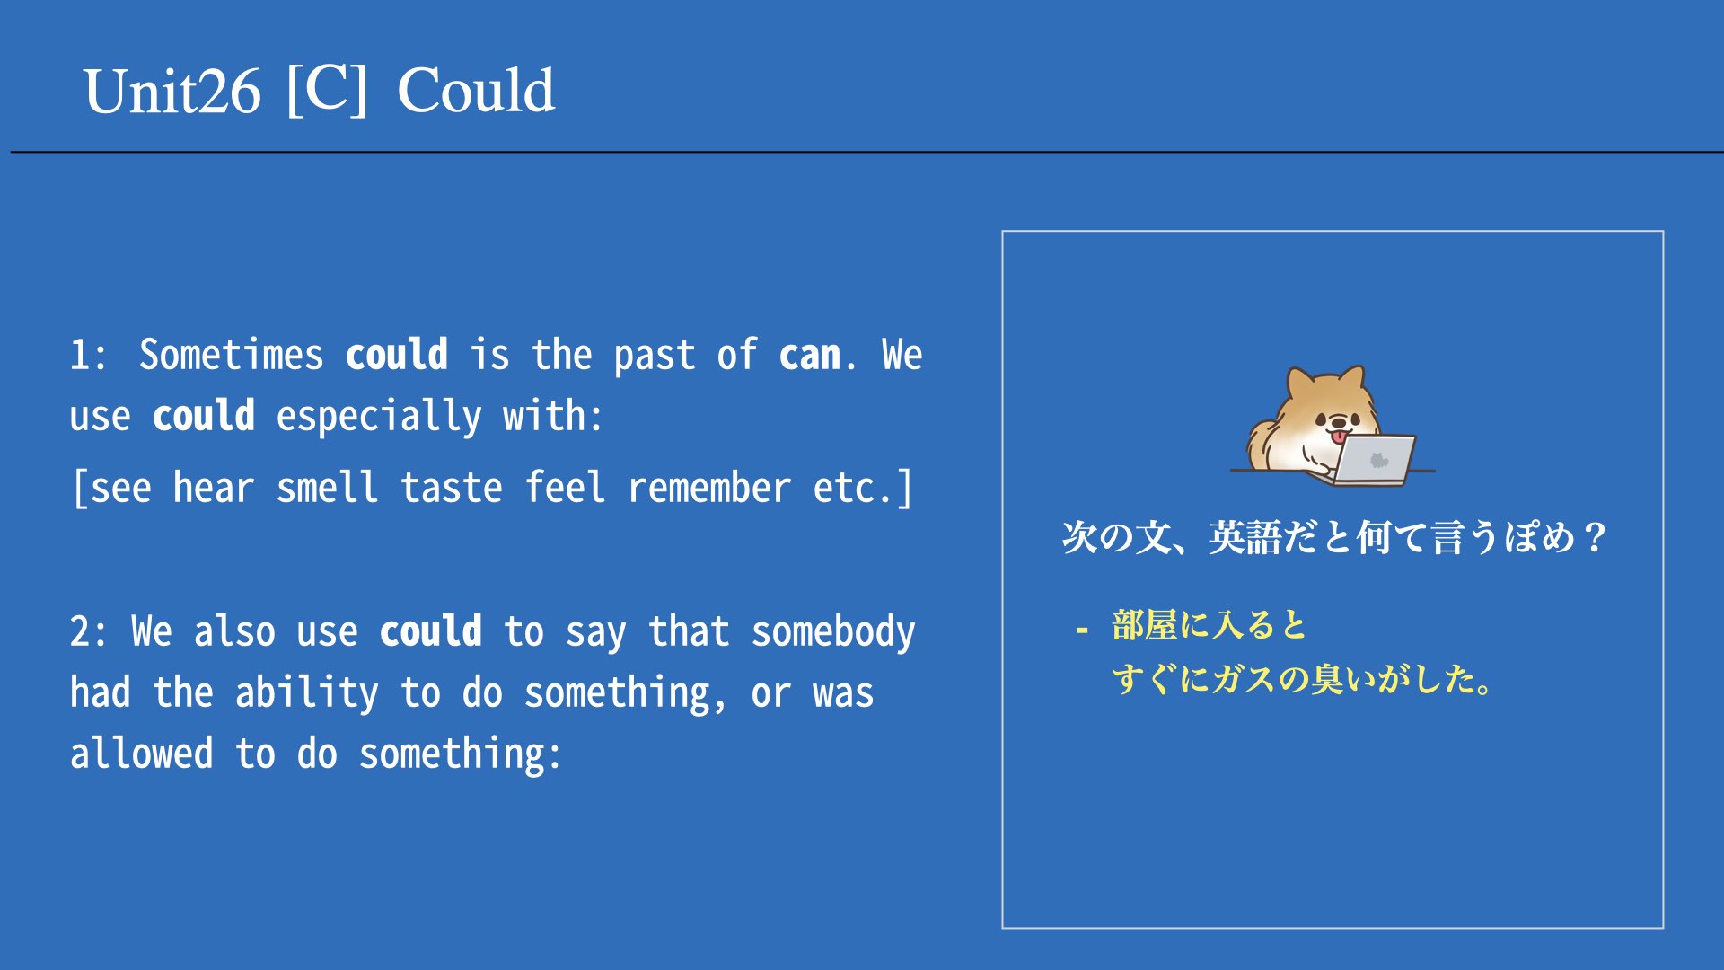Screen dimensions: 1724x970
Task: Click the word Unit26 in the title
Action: click(172, 91)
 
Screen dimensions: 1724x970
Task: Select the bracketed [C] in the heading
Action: click(327, 89)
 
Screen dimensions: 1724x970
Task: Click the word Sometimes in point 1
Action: click(231, 355)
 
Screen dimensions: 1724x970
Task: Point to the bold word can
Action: click(810, 356)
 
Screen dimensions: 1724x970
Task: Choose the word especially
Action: click(379, 417)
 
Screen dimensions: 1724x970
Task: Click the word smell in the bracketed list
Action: click(327, 488)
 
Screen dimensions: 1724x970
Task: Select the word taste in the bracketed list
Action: click(451, 488)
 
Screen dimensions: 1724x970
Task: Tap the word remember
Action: click(709, 488)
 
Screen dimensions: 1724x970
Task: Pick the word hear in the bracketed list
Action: click(213, 488)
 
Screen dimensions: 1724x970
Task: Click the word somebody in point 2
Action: click(833, 631)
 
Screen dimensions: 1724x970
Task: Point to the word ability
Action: click(307, 693)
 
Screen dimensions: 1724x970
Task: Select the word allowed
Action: click(142, 754)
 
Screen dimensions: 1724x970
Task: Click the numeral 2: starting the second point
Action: click(88, 631)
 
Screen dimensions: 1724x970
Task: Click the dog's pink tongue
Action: click(1339, 437)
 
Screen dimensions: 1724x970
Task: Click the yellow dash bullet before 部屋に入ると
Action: click(1082, 630)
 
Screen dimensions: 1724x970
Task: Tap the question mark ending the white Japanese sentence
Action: click(1595, 537)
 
